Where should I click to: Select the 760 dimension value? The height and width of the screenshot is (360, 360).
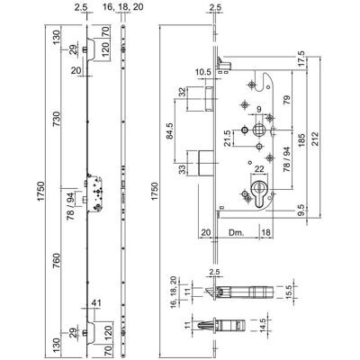[57, 261]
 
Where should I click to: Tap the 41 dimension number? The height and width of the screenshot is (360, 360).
[96, 303]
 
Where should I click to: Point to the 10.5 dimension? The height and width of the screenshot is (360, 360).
[203, 72]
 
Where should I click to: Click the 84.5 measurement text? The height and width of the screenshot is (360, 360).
[170, 130]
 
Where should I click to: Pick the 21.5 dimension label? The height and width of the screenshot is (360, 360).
[229, 139]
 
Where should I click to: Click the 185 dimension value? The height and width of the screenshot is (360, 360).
[301, 140]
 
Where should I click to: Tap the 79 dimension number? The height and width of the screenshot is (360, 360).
[286, 100]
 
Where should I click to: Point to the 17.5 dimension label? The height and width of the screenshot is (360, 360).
[301, 58]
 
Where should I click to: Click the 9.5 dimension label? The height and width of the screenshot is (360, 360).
[301, 210]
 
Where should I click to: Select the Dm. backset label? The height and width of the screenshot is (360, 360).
[237, 232]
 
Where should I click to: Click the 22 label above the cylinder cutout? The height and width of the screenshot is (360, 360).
[259, 169]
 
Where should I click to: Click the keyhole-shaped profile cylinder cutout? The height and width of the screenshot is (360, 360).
[259, 194]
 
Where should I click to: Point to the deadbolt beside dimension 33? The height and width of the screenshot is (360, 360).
[205, 163]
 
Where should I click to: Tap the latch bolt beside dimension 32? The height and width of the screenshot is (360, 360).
[209, 98]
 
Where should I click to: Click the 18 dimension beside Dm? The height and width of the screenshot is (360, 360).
[266, 232]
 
